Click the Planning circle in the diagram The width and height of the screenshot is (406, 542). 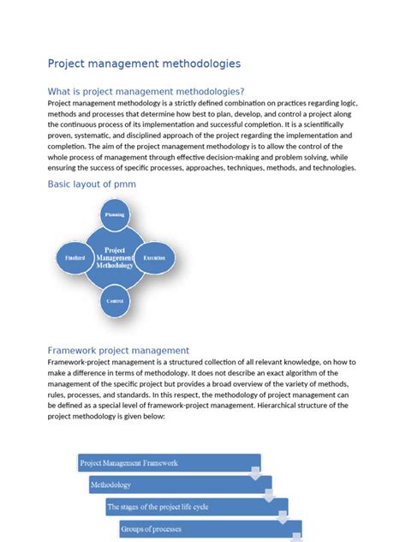[x=115, y=214]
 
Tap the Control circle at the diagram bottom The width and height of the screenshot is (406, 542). [x=115, y=300]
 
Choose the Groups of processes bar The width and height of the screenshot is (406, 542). [x=206, y=528]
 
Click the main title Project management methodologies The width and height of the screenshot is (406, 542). [x=144, y=63]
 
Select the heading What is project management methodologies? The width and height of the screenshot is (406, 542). [x=146, y=92]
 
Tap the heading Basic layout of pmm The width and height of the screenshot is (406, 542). [x=92, y=184]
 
